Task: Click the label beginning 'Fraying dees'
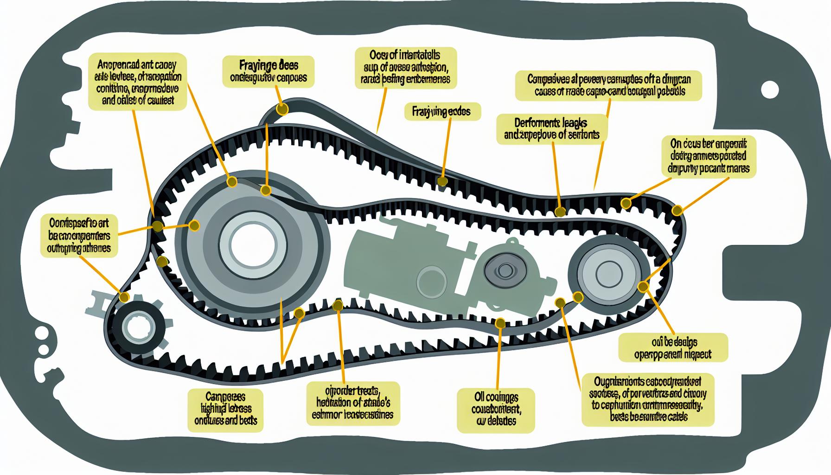(x=268, y=71)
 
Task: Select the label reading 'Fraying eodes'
(x=442, y=112)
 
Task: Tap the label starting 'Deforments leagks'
(x=551, y=128)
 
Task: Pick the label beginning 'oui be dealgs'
(x=673, y=348)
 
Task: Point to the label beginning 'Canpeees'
(x=226, y=409)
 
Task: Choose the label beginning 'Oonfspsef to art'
(x=79, y=235)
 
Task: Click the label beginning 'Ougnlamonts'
(x=648, y=399)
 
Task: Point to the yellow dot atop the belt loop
(x=282, y=109)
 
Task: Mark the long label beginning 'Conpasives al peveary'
(x=609, y=85)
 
